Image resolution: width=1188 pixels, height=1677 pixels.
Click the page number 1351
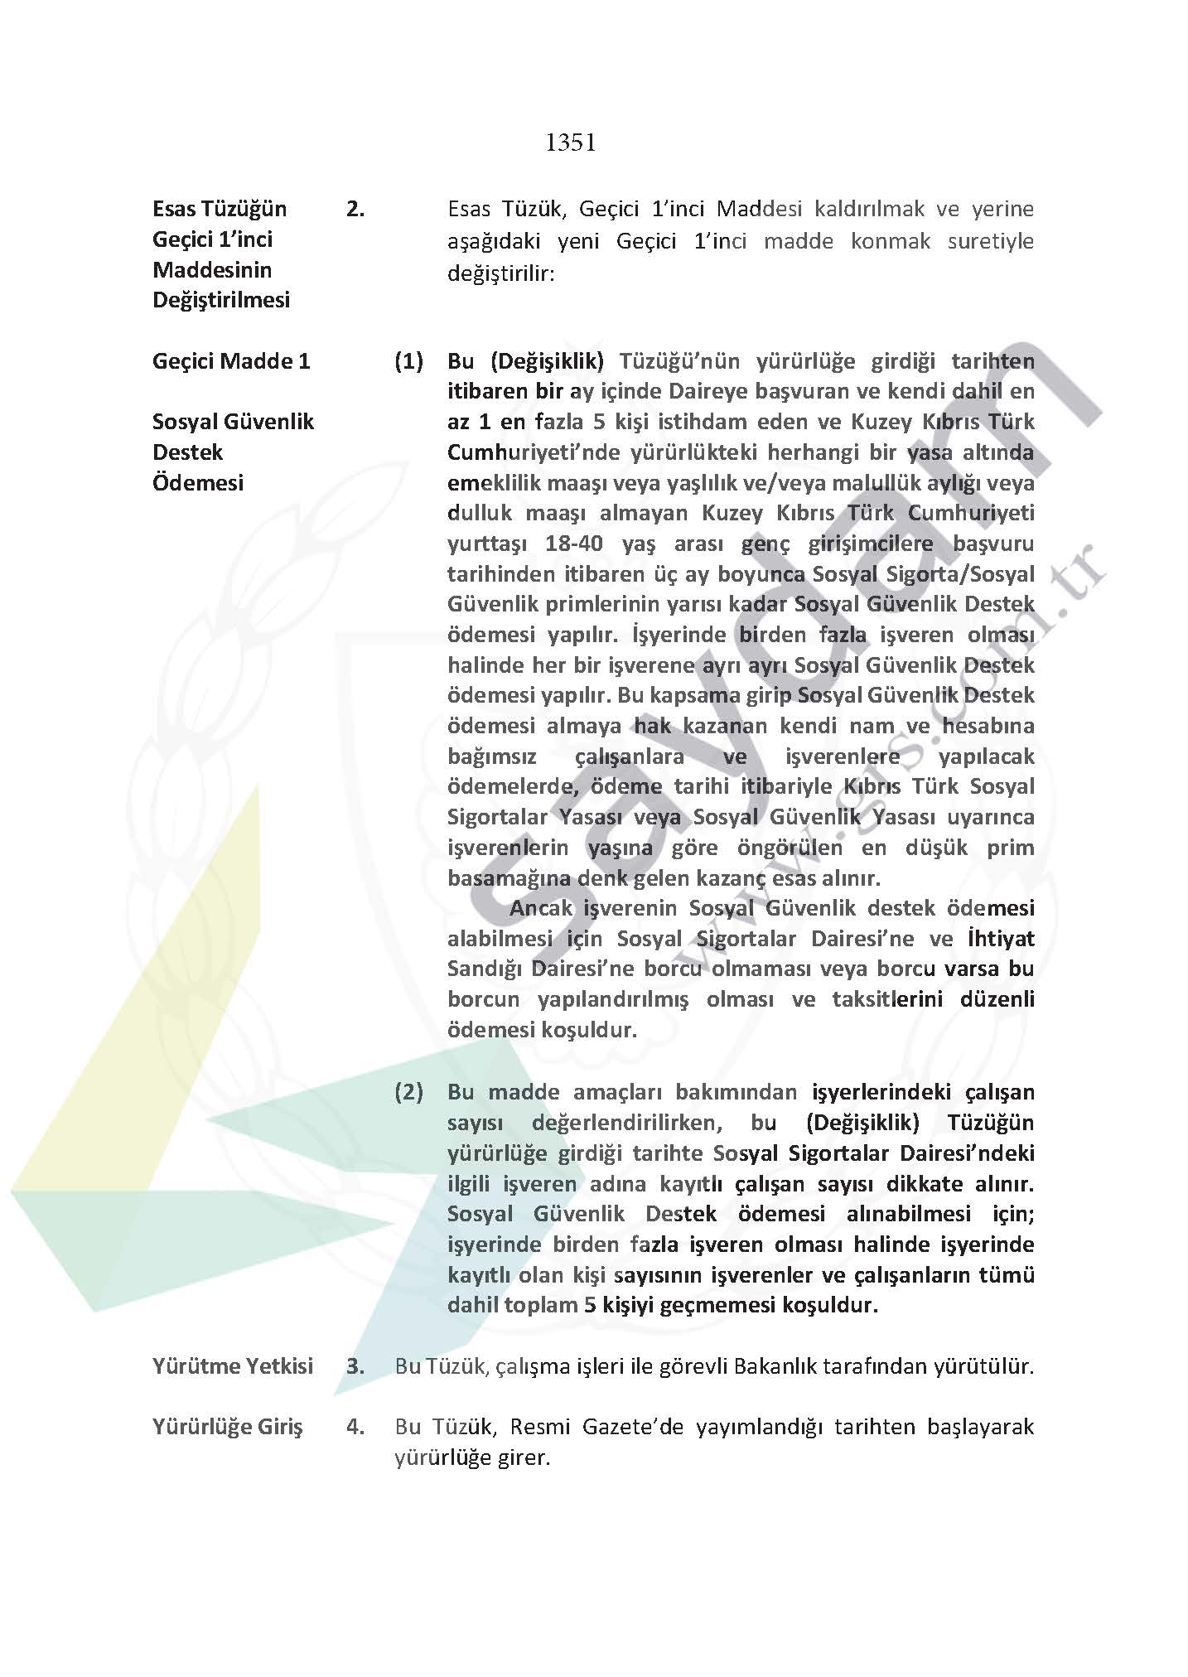point(571,143)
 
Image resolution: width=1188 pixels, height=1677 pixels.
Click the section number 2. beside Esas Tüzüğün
point(355,210)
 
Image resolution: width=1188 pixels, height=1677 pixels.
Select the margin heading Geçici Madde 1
point(231,361)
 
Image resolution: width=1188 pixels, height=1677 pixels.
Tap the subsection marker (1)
point(408,361)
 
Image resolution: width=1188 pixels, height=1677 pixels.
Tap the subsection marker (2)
point(408,1092)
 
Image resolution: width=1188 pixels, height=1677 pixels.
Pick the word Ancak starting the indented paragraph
point(541,908)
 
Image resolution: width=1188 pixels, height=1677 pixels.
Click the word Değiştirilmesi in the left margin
point(221,300)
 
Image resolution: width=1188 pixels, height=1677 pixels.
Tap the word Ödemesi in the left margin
point(198,482)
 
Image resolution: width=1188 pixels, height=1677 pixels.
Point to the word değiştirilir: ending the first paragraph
point(500,272)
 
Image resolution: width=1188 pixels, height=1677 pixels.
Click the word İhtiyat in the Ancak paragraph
point(1001,939)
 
